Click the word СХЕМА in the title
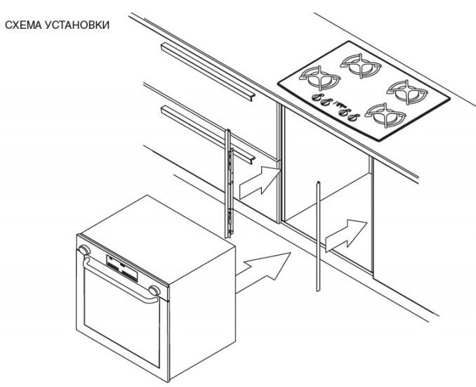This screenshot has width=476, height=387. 23,25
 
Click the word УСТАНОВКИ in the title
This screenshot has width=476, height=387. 77,25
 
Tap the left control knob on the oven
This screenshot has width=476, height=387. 84,250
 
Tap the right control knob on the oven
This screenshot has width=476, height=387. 154,291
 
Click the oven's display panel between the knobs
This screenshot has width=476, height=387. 121,268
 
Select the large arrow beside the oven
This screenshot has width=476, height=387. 263,271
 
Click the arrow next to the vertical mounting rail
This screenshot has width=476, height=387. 259,183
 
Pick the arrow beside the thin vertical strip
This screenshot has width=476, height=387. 346,235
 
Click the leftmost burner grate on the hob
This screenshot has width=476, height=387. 319,78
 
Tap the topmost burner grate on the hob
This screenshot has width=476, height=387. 361,65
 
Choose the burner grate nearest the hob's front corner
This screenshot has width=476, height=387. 385,116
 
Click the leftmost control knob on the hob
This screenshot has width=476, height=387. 316,98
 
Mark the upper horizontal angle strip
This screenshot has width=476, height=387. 208,72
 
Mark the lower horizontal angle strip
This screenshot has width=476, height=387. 208,135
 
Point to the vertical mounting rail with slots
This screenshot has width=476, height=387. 228,184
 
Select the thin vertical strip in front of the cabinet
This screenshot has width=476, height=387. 318,236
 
